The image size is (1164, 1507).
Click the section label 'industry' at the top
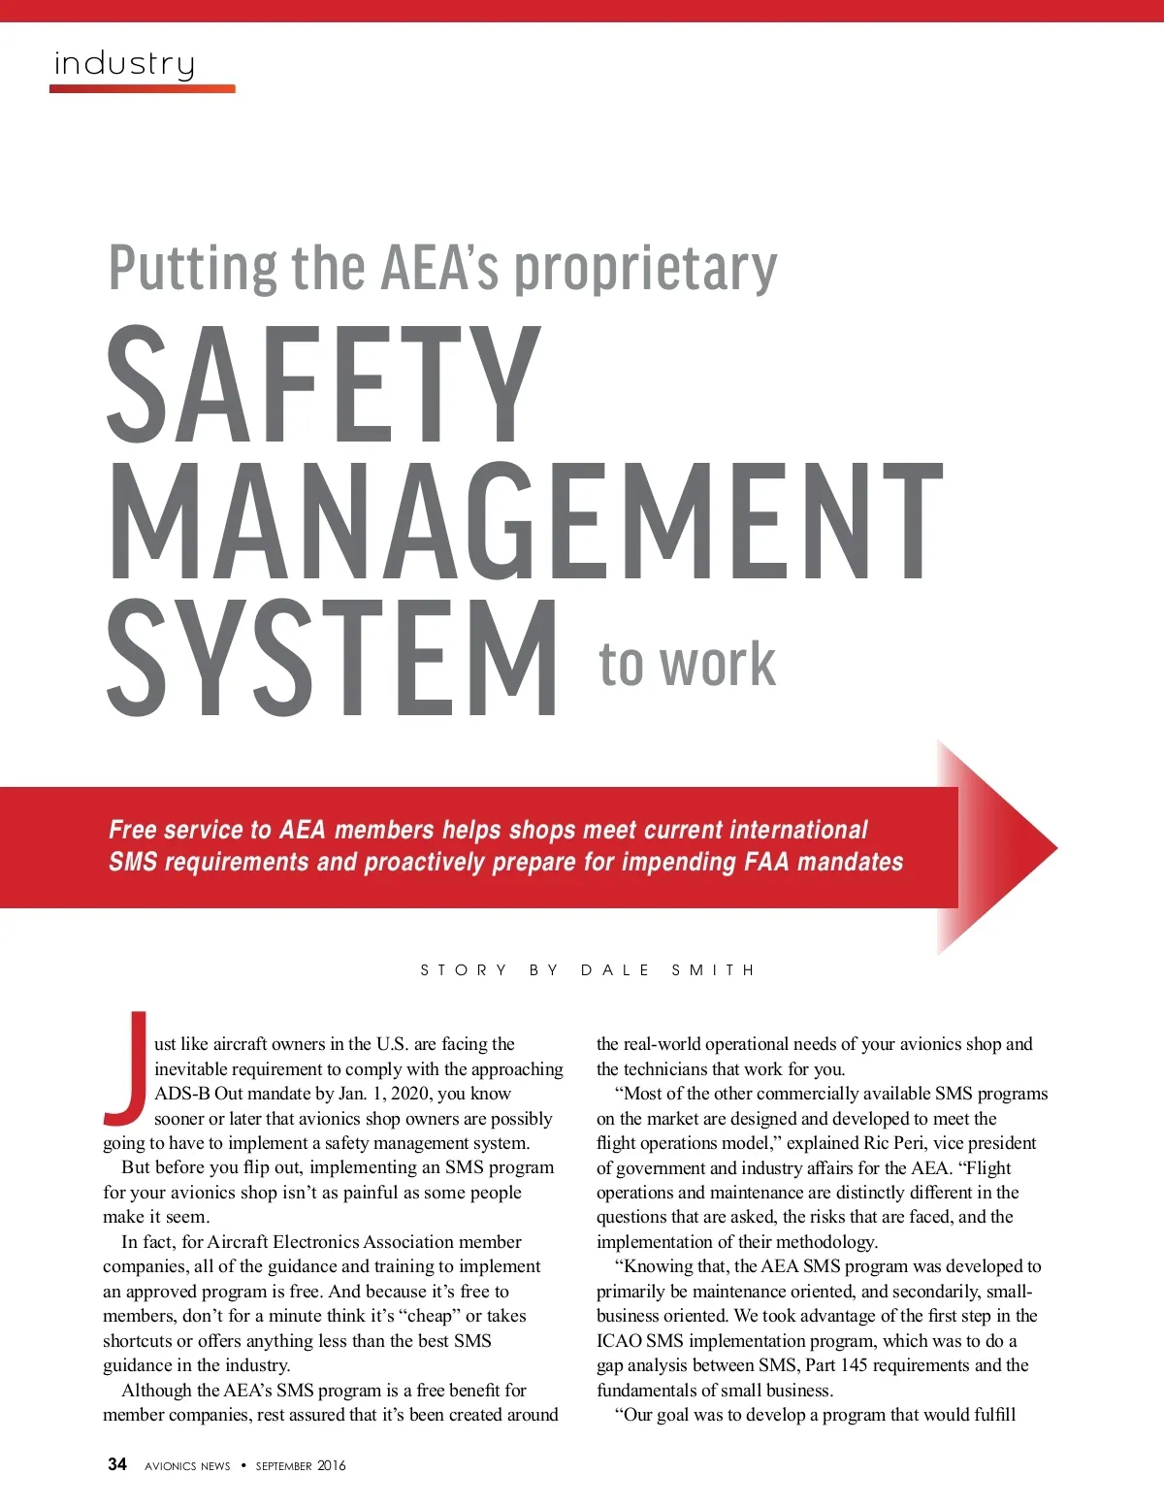124,64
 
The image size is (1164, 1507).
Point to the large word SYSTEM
332,659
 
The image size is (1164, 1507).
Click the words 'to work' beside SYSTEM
687,665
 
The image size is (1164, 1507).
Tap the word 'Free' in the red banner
133,830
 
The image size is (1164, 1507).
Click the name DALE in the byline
615,969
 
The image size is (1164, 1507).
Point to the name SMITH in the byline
713,969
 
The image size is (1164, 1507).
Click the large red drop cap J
126,1065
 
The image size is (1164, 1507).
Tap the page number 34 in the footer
117,1464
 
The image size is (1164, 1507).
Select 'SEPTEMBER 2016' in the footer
301,1465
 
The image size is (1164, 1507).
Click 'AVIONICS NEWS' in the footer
187,1465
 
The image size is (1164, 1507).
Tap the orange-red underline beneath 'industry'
143,88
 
